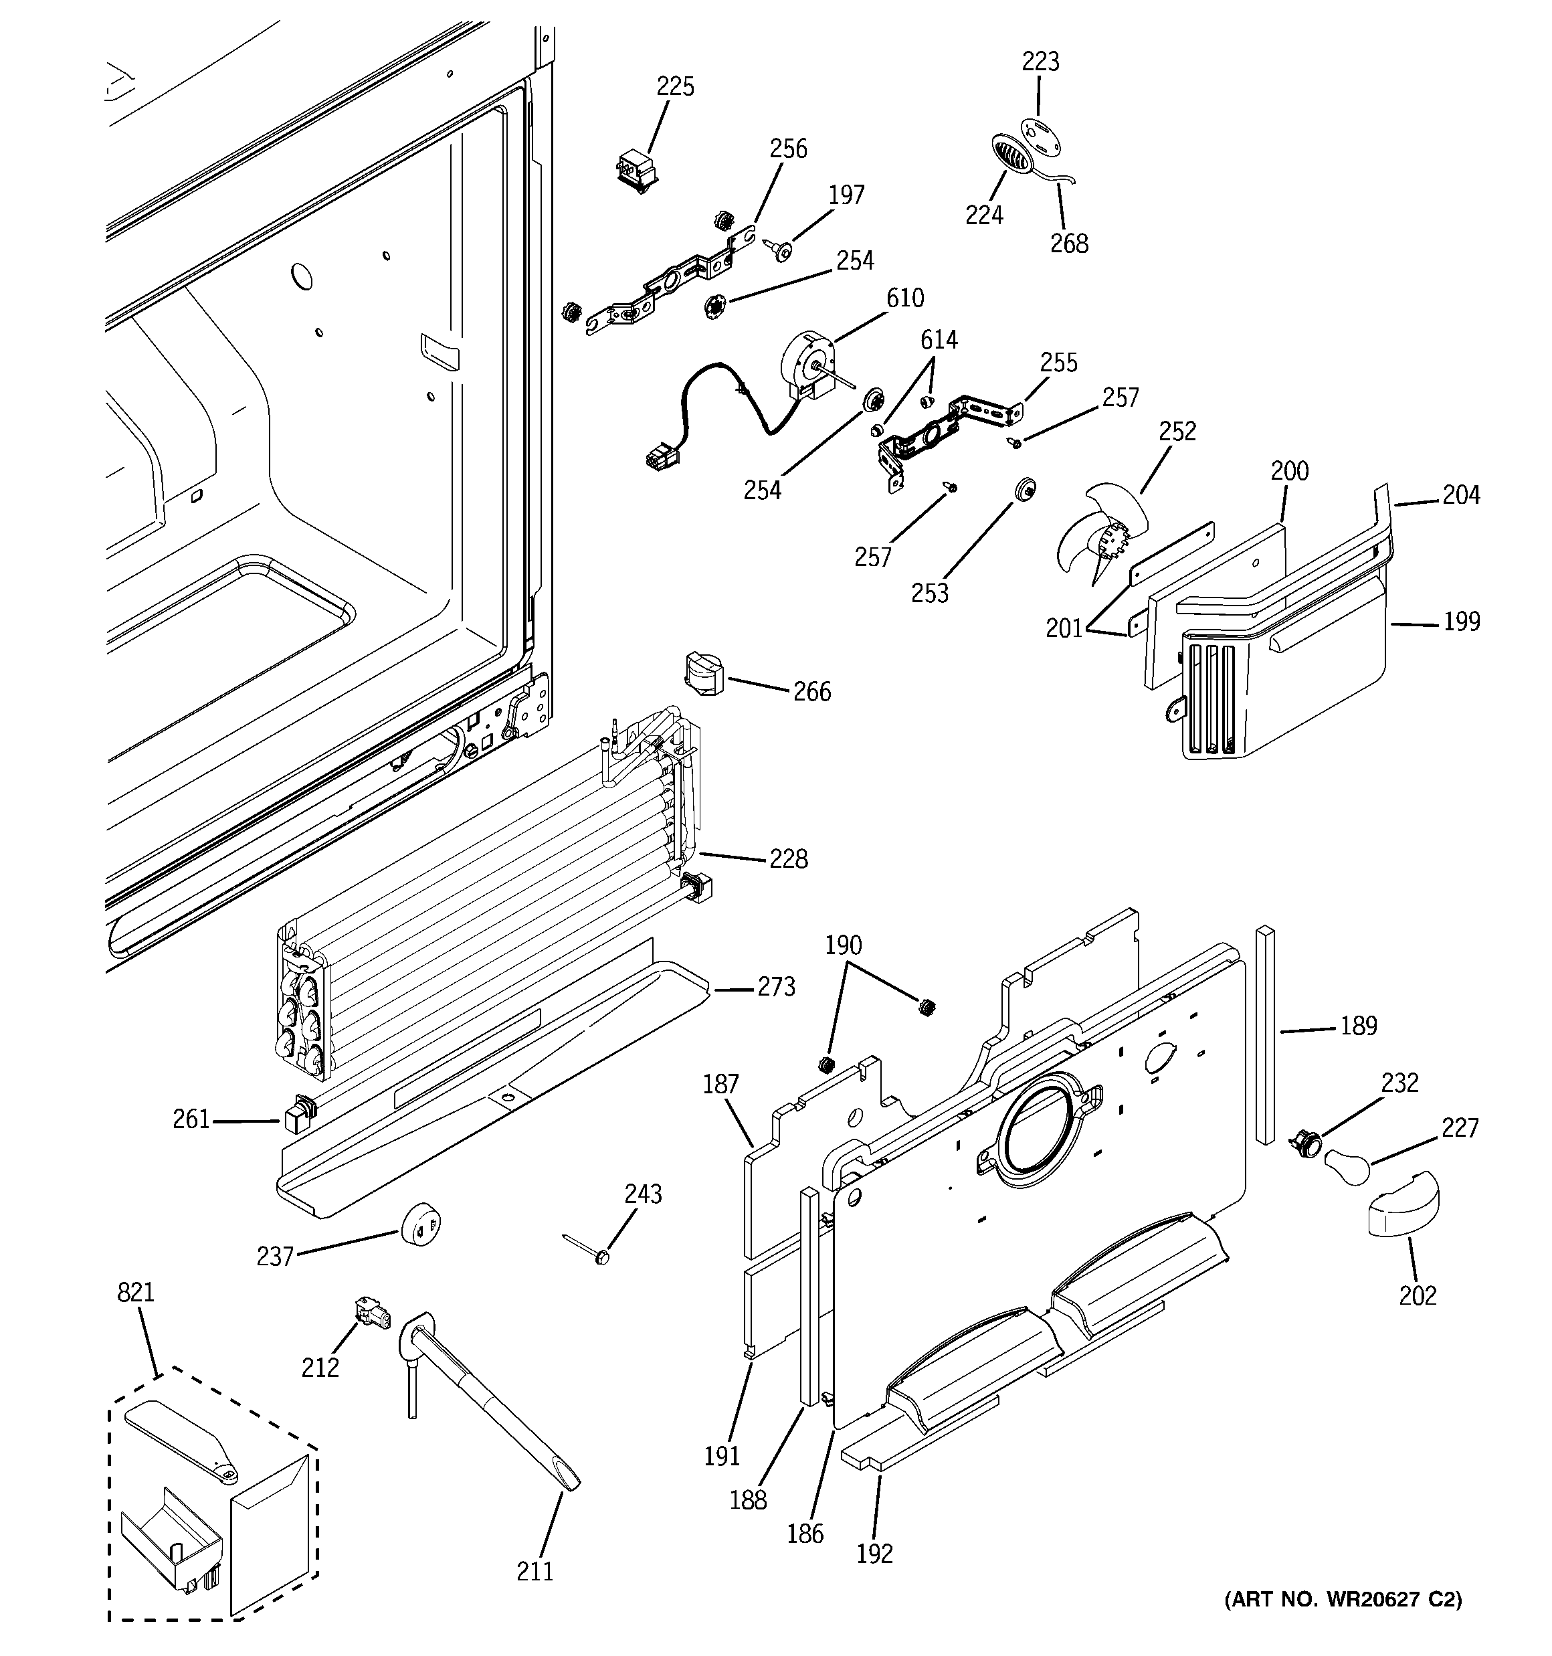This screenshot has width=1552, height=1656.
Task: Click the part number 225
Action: point(675,86)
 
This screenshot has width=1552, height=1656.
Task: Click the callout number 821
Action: point(136,1293)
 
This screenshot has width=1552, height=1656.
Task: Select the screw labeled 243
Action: point(601,1255)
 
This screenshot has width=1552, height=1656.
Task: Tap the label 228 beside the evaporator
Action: point(788,859)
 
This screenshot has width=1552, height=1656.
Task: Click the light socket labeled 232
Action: point(1304,1142)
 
